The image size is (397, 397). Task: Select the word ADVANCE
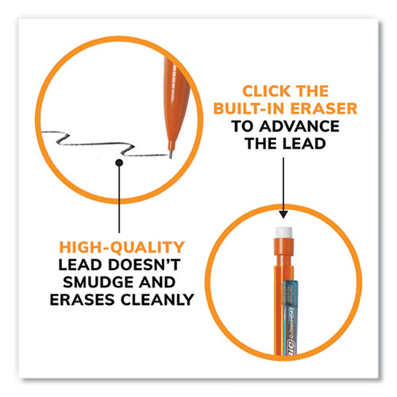click(299, 126)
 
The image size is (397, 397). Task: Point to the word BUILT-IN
click(249, 109)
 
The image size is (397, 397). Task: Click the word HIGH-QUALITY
click(121, 247)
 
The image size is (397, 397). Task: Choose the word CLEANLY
click(157, 299)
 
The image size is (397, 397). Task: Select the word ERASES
click(83, 299)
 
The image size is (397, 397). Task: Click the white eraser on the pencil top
click(283, 232)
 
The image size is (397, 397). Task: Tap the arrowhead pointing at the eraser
click(283, 214)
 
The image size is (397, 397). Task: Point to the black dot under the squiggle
click(119, 163)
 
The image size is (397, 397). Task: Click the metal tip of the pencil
click(171, 154)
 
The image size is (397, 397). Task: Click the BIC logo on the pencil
click(291, 345)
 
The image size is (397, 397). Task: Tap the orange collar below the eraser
click(283, 246)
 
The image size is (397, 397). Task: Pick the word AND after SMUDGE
click(157, 282)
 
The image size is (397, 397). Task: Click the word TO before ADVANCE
click(243, 126)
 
